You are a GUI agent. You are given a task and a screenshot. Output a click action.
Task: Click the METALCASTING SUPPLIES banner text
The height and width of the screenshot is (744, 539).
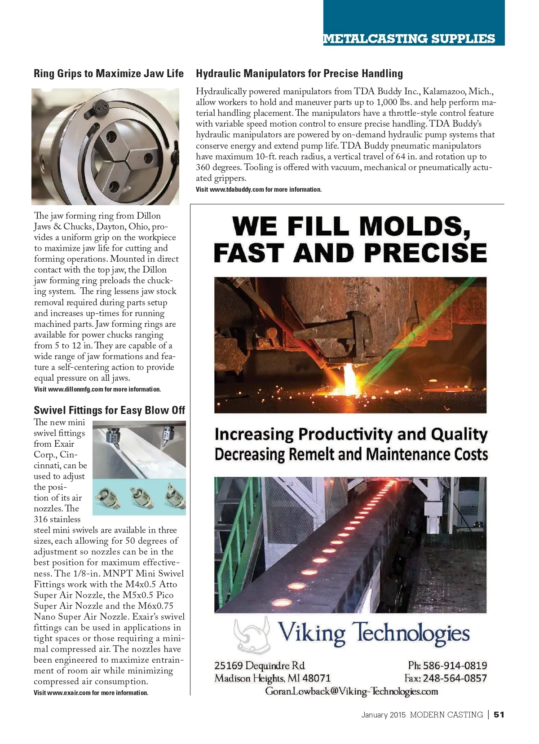[x=409, y=39]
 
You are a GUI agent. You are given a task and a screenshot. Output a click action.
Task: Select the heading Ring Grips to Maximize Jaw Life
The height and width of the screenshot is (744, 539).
[x=109, y=74]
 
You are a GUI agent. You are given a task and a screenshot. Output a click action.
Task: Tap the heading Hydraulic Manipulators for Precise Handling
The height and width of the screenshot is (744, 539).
[x=299, y=74]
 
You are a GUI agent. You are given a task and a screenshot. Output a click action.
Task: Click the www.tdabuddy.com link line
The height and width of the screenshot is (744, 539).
[x=259, y=189]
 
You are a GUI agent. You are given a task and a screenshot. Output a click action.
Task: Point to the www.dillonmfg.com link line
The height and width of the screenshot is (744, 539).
[x=97, y=389]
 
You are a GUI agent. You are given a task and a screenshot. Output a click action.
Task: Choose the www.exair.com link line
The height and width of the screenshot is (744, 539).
[x=91, y=693]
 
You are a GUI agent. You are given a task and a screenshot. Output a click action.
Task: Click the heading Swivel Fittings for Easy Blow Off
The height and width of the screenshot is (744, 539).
[x=109, y=410]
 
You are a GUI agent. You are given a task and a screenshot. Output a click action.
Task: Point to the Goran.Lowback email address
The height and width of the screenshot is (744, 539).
[x=351, y=691]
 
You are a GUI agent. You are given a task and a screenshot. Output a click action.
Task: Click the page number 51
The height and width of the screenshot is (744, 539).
[x=499, y=715]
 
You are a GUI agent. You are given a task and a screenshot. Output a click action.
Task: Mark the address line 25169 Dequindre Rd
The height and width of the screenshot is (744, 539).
[x=260, y=665]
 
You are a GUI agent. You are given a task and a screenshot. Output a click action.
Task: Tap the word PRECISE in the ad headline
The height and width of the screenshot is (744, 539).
[x=425, y=253]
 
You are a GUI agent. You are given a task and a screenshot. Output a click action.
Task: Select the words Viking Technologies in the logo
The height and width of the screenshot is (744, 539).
[x=374, y=633]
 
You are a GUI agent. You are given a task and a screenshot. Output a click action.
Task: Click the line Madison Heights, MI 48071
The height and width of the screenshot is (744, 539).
[x=272, y=678]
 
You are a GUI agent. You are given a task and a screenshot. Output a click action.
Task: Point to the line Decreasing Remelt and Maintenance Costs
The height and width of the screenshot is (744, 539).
[x=351, y=454]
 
